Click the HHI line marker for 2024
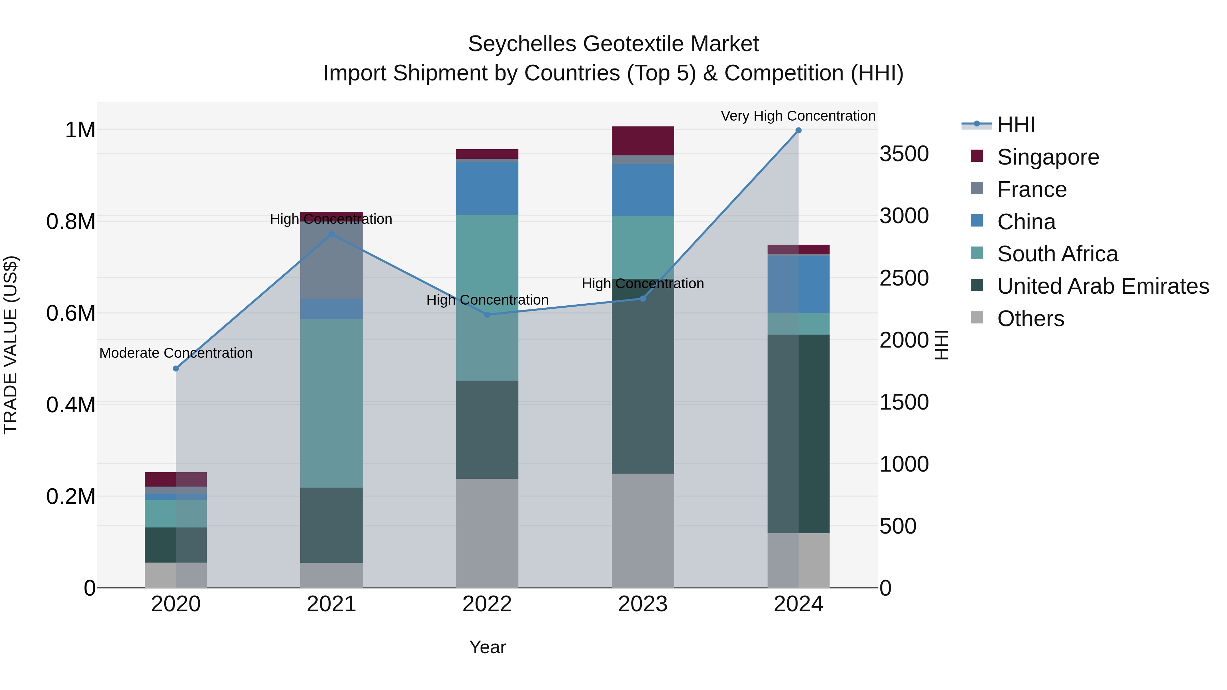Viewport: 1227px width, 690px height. (x=798, y=131)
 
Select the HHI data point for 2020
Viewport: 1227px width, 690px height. (x=176, y=369)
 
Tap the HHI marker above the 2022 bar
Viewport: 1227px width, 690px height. (x=487, y=315)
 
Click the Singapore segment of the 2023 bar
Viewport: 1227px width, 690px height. (x=642, y=141)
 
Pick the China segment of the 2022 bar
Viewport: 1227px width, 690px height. (x=487, y=188)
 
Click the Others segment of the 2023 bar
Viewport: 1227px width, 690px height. (x=642, y=530)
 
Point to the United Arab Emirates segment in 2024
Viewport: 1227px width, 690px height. (x=798, y=433)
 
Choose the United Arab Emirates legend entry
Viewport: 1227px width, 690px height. (x=1103, y=286)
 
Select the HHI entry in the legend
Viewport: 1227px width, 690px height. (x=1016, y=125)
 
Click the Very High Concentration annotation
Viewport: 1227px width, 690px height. (x=798, y=116)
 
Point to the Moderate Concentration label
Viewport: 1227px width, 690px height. (x=176, y=353)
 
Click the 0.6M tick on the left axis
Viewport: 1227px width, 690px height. (x=71, y=313)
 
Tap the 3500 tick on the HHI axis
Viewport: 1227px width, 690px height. (x=904, y=154)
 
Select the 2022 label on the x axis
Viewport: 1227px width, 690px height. (x=487, y=604)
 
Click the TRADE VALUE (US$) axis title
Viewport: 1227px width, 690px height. (x=11, y=345)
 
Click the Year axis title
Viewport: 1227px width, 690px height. (x=487, y=647)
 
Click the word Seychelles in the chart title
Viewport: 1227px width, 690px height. (x=521, y=44)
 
